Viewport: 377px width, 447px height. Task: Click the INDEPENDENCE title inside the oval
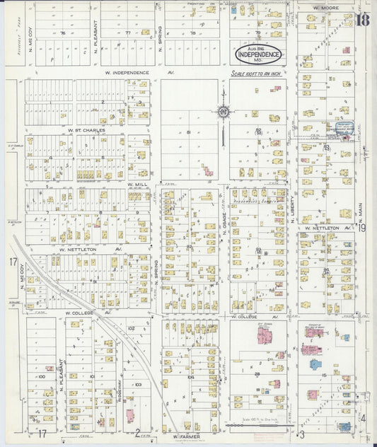259,54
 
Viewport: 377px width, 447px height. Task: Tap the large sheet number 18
362,20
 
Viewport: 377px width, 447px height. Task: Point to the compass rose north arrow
223,112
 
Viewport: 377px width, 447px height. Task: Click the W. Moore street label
325,8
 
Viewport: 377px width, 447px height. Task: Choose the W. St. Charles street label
87,130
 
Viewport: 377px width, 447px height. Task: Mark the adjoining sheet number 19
361,227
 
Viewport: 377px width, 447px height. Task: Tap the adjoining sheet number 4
364,418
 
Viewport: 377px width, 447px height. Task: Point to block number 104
190,377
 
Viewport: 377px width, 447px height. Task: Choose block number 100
42,377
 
